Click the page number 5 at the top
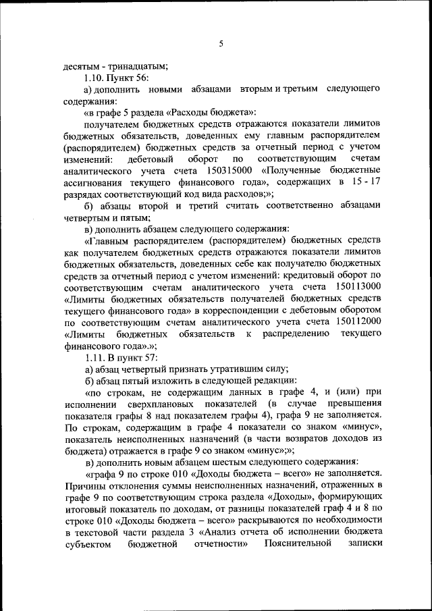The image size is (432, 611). (x=220, y=45)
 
